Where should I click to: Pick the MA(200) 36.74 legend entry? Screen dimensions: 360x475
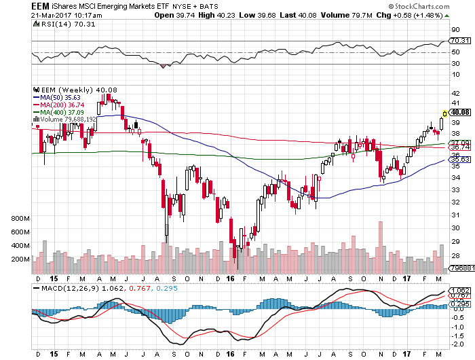point(60,105)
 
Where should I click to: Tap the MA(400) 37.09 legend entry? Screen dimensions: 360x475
point(60,112)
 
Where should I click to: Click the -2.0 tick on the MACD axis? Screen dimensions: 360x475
point(457,343)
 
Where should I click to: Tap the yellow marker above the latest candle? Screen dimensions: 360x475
point(444,113)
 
